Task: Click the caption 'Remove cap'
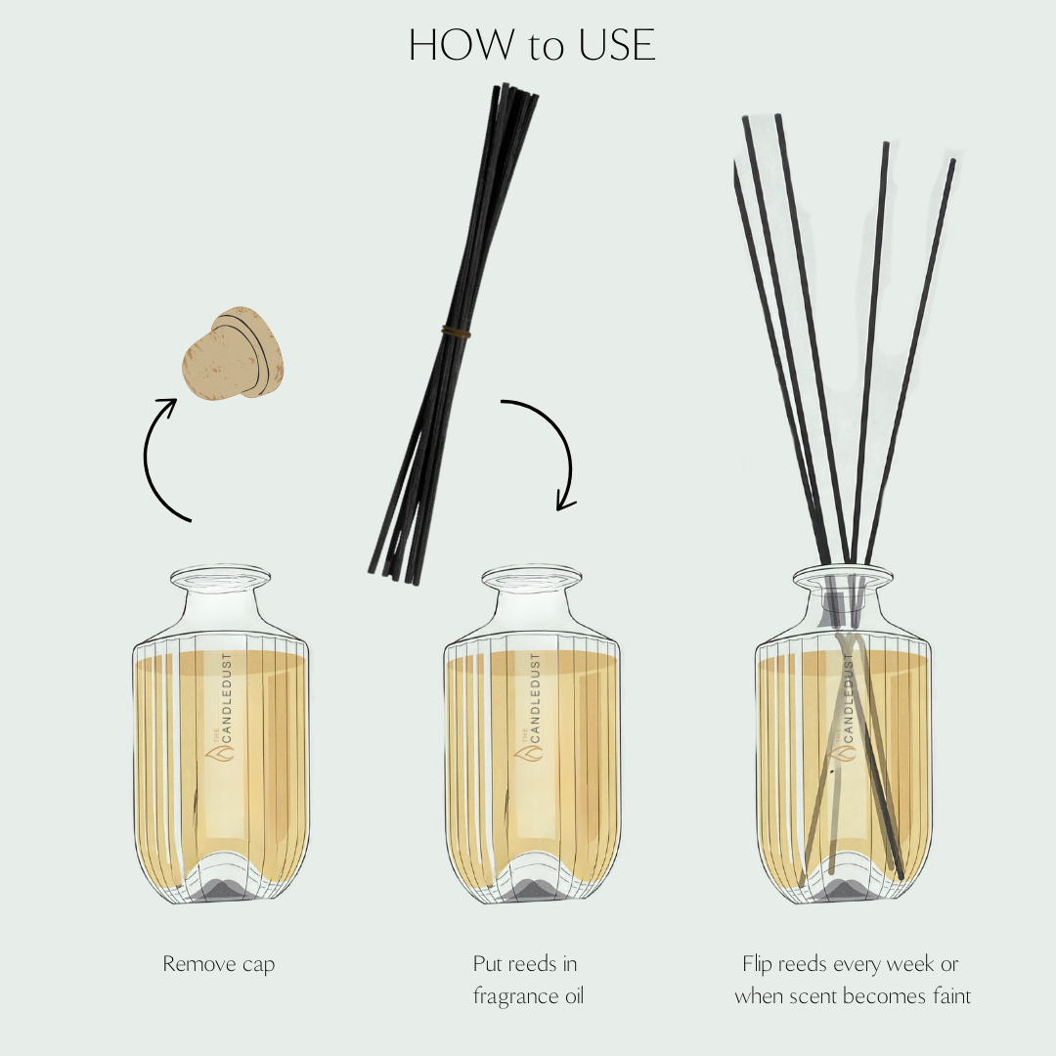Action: pos(219,964)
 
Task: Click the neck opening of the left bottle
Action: pos(219,577)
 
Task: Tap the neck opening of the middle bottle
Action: pos(531,577)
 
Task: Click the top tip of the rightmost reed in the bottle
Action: pos(950,162)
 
